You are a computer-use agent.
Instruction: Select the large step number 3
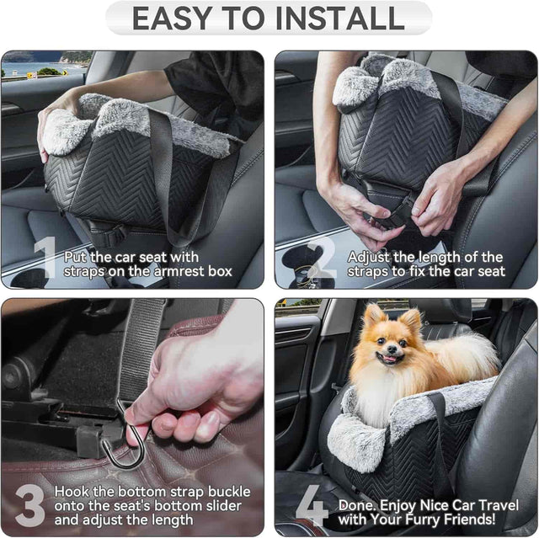(x=29, y=505)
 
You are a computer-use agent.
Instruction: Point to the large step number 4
(x=312, y=505)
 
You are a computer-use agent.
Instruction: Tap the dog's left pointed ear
(x=371, y=315)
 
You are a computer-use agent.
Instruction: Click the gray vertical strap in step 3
(x=141, y=345)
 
